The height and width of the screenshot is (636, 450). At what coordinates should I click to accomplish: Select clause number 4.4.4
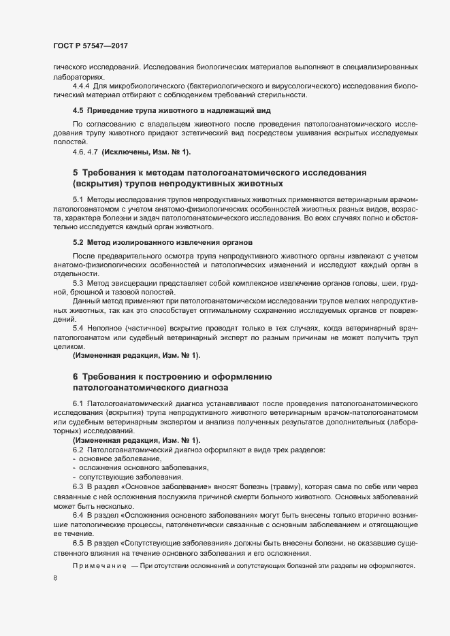82,86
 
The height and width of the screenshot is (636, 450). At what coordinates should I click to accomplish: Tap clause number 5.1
78,199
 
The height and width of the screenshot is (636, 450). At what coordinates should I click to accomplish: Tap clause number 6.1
78,403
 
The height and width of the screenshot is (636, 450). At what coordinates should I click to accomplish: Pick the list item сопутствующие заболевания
127,479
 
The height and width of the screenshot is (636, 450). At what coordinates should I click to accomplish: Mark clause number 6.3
78,488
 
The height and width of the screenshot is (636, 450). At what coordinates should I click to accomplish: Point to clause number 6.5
78,545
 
